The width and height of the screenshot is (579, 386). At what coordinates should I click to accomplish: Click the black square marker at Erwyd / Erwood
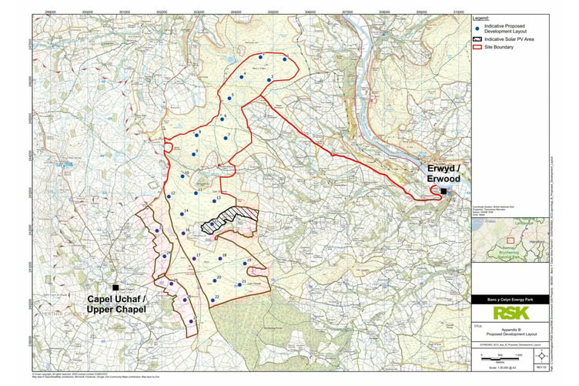click(x=443, y=192)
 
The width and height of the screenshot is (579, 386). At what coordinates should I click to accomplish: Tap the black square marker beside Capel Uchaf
click(x=115, y=287)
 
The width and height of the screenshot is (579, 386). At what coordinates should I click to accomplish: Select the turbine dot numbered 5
click(x=226, y=98)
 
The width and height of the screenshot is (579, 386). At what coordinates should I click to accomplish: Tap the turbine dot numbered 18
click(x=217, y=258)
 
